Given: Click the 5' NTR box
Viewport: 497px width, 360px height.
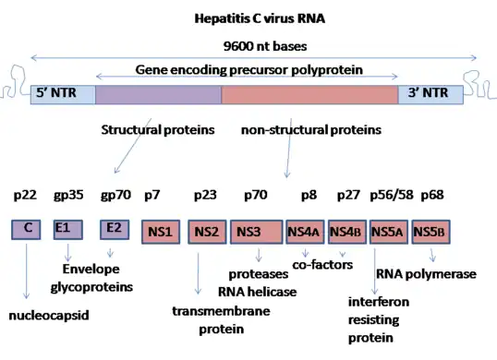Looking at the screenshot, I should point(62,94).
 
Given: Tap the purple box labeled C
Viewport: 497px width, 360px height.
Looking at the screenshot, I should point(27,229).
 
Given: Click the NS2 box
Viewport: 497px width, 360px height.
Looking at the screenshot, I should point(207,232).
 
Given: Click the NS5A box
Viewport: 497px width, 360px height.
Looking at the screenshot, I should point(388,232).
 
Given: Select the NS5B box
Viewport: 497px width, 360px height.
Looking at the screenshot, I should point(430,232).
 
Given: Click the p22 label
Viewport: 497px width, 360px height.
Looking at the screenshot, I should point(26,197).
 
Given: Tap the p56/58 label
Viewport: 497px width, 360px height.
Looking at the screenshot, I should point(390,197).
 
